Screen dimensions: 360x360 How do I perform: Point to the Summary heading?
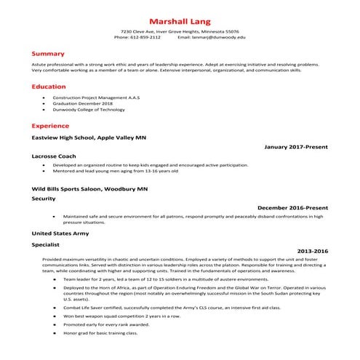tap(48, 54)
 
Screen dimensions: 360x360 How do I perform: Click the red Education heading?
tap(49, 87)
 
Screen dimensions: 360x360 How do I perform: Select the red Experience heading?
tap(50, 125)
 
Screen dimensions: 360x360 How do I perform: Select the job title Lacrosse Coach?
tap(55, 156)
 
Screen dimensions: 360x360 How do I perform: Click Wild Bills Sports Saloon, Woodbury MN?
tap(89, 188)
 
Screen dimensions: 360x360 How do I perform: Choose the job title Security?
tap(44, 198)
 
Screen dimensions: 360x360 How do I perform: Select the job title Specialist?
tap(46, 246)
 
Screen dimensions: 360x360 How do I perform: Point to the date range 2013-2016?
tap(312, 251)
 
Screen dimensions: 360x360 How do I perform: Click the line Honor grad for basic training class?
tap(100, 332)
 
